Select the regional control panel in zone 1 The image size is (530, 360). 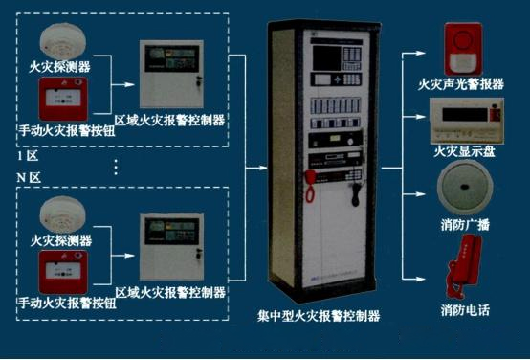[x=170, y=76]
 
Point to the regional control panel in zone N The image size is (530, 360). [x=170, y=247]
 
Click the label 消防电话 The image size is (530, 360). [x=465, y=310]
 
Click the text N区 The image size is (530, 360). [x=28, y=178]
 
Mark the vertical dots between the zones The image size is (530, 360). [x=115, y=168]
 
